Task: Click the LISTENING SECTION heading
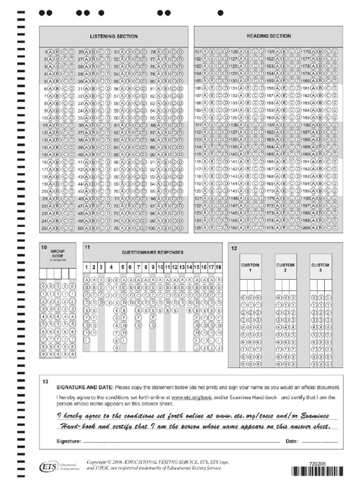click(113, 36)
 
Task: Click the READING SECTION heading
click(269, 36)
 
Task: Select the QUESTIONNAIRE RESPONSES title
click(153, 252)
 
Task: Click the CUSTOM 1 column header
click(250, 268)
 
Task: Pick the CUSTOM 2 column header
click(285, 268)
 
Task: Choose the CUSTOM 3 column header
click(320, 268)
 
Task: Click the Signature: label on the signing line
click(69, 442)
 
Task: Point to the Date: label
click(292, 442)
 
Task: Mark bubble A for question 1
click(51, 52)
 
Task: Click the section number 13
click(45, 382)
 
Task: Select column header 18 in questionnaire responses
click(218, 267)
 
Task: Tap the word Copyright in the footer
click(97, 462)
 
